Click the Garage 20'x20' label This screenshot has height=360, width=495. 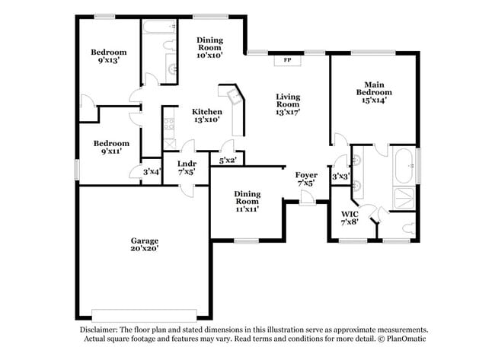(143, 244)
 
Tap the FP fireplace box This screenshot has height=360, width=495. (287, 59)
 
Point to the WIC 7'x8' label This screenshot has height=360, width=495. (350, 218)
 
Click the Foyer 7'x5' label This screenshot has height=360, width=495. (306, 179)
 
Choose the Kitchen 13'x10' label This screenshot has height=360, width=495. (206, 115)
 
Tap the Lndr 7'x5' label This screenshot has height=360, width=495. (187, 167)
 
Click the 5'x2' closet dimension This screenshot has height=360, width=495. (228, 161)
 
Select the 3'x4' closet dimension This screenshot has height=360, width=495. (152, 171)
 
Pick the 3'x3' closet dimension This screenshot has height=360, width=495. (340, 177)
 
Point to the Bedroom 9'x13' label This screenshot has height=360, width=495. (109, 56)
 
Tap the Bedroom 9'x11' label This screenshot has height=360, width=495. (111, 148)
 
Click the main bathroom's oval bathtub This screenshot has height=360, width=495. (404, 165)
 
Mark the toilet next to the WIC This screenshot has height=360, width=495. (407, 227)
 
